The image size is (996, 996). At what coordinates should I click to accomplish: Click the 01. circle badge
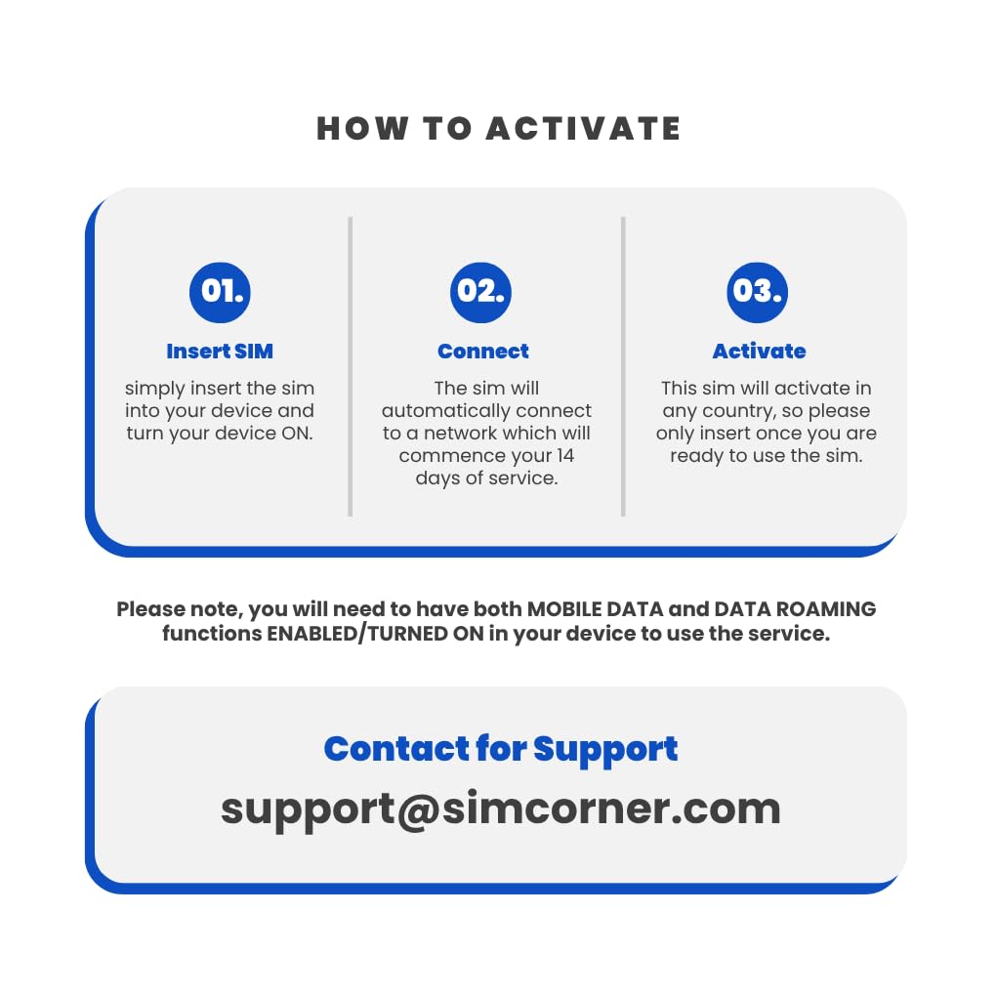(x=220, y=292)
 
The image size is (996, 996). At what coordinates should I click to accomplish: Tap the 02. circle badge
(x=480, y=292)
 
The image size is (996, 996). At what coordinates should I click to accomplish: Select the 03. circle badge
(x=757, y=292)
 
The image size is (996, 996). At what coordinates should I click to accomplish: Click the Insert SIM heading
(x=220, y=351)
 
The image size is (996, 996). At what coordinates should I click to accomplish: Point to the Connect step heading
(x=482, y=351)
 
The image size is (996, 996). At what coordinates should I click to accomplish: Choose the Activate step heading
(x=759, y=351)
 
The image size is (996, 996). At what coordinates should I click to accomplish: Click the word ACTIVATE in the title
(x=584, y=128)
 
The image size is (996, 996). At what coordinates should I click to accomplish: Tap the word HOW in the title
(x=362, y=128)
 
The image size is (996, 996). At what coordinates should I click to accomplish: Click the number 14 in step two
(x=564, y=455)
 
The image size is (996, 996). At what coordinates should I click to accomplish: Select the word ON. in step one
(x=297, y=434)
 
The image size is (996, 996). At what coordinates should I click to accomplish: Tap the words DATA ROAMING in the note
(x=795, y=608)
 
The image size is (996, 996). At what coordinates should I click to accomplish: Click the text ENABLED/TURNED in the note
(x=357, y=634)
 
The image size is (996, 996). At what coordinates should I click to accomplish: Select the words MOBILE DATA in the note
(x=596, y=608)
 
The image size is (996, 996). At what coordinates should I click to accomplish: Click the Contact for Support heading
(x=501, y=750)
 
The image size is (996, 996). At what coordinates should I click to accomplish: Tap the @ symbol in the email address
(x=419, y=810)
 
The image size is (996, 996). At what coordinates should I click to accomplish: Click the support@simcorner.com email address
(x=501, y=810)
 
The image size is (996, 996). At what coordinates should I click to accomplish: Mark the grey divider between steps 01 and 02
(x=350, y=366)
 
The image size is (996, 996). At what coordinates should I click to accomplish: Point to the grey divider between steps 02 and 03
(x=623, y=366)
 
